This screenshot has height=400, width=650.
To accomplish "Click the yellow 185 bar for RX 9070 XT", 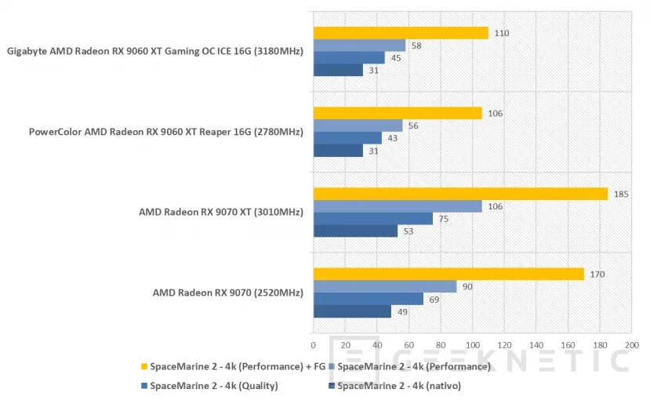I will [460, 194].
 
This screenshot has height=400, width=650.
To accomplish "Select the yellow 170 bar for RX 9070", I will [448, 274].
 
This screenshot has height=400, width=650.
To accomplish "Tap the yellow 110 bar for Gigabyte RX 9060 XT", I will [401, 33].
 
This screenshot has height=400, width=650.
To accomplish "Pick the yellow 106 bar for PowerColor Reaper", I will [398, 113].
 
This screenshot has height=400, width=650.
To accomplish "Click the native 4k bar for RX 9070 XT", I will [355, 231].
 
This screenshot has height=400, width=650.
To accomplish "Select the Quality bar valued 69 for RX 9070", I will [369, 299].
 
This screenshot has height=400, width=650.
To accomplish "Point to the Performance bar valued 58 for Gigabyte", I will [359, 45].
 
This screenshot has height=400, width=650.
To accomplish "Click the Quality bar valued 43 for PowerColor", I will [347, 138].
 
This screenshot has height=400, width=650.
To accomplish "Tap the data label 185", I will [620, 194].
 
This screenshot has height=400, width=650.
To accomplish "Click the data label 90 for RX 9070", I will [467, 286].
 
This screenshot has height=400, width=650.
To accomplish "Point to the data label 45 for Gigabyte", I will [396, 58].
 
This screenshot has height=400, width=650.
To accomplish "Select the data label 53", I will [409, 231].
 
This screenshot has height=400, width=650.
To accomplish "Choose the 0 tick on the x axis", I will [314, 344].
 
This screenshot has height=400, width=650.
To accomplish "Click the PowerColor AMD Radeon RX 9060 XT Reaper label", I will [165, 132].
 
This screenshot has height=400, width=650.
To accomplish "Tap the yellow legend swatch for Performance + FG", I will [144, 366].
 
